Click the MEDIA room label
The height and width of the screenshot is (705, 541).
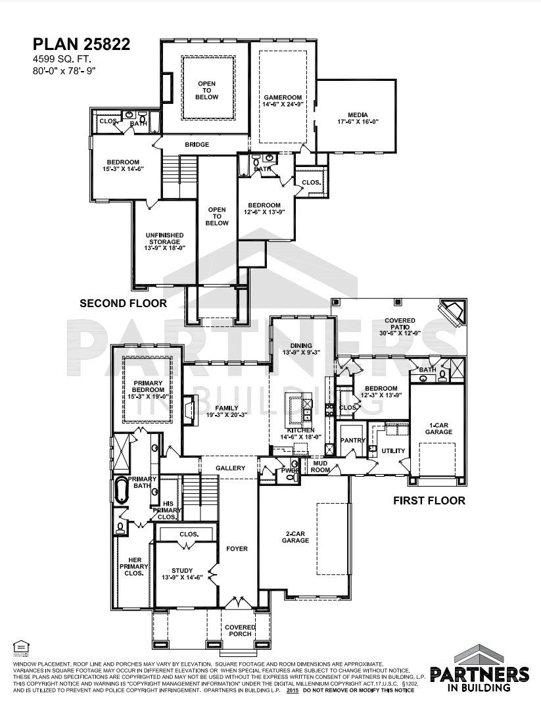coord(358,118)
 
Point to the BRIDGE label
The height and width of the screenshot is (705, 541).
coord(197,145)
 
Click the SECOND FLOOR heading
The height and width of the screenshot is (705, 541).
coord(123,304)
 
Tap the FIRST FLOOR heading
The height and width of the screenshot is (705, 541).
coord(429,500)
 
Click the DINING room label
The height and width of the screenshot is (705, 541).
coord(300,349)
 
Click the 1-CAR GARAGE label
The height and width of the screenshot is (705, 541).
coord(438,428)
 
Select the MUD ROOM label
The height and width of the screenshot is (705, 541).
coord(320,466)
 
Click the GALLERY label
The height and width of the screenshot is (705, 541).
coord(230,468)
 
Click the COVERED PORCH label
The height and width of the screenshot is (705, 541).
coord(240,631)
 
